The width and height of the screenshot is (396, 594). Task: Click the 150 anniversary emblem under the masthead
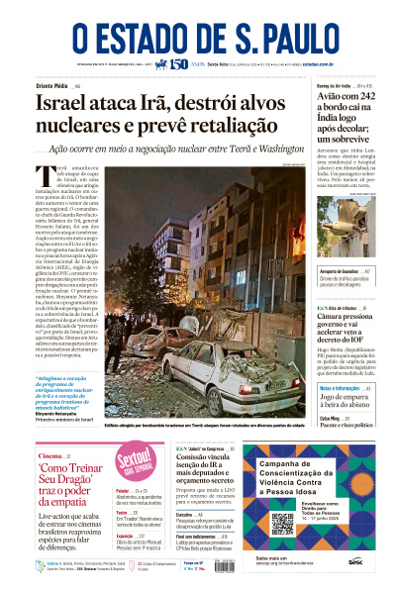coord(178,64)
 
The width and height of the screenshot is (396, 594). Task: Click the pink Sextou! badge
coord(134,464)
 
